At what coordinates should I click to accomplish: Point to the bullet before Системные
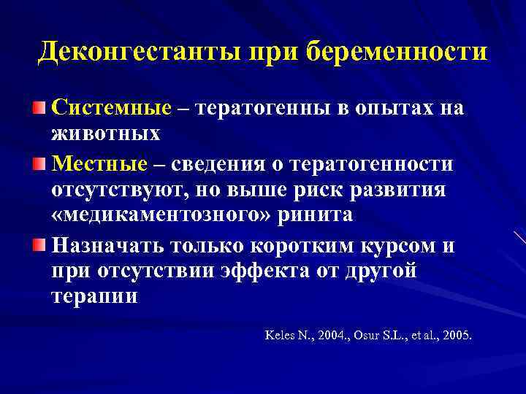click(42, 109)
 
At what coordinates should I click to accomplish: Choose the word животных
click(105, 134)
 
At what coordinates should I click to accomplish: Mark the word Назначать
click(115, 245)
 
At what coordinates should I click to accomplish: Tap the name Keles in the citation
click(280, 336)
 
